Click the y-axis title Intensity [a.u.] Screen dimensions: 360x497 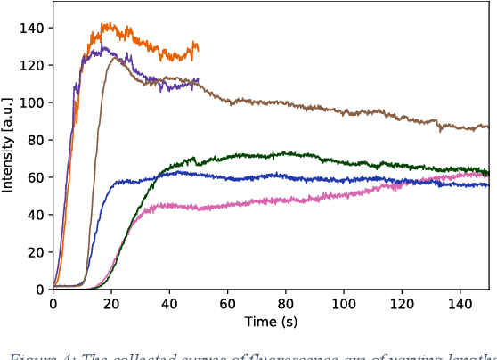point(8,145)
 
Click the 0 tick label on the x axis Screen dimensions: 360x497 point(53,304)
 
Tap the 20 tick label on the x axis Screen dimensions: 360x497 point(111,304)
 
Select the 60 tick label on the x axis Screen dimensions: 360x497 point(228,304)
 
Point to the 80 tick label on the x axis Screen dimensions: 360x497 point(286,304)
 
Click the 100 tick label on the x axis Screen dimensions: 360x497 point(344,304)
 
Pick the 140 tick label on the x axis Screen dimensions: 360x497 point(460,304)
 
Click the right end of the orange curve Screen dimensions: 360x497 point(198,48)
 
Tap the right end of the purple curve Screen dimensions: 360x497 point(198,82)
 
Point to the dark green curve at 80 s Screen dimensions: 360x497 point(286,153)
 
